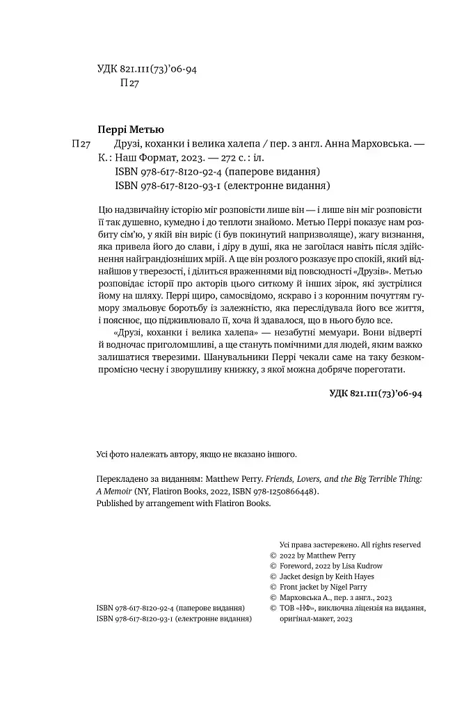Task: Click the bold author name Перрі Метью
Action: tap(132, 129)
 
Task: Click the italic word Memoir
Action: tap(116, 491)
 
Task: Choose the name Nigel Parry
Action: tap(350, 588)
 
